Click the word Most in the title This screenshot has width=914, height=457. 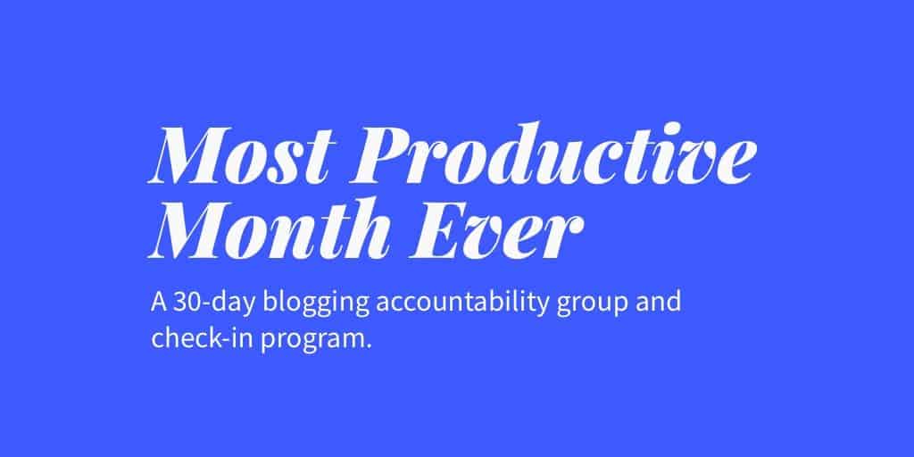coord(242,155)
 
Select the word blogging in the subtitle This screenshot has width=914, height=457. coord(315,305)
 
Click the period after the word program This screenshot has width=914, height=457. coord(368,347)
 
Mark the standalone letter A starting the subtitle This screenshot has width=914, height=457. coord(160,303)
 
